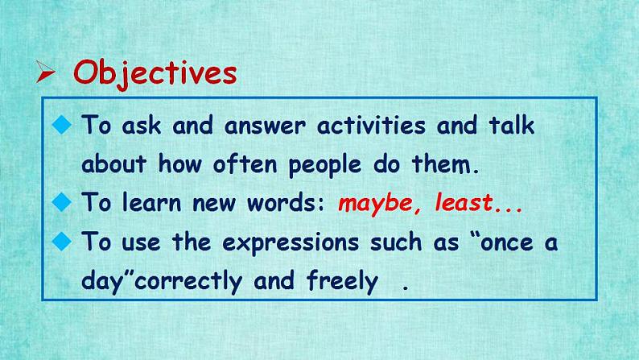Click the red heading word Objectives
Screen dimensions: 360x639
point(155,73)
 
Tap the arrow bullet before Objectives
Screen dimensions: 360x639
point(46,73)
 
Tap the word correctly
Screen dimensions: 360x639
point(191,282)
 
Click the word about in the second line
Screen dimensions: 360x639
point(113,165)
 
